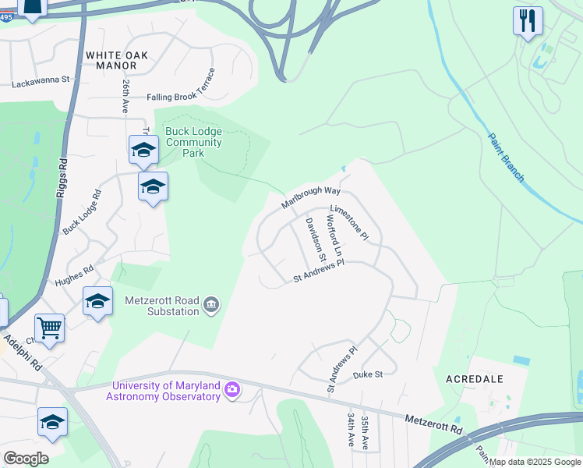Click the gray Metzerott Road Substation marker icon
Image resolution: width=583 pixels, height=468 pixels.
pyautogui.click(x=210, y=305)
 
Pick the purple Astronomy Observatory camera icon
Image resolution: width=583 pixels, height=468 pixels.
pyautogui.click(x=231, y=390)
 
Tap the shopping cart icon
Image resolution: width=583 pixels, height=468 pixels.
pyautogui.click(x=49, y=328)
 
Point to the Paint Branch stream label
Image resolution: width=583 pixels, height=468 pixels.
pyautogui.click(x=506, y=158)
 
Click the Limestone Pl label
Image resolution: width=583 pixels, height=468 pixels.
pyautogui.click(x=349, y=222)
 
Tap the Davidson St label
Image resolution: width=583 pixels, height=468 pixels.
pyautogui.click(x=315, y=239)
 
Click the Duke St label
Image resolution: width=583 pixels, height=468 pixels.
pyautogui.click(x=367, y=374)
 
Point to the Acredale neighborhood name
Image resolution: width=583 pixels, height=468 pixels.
pyautogui.click(x=474, y=378)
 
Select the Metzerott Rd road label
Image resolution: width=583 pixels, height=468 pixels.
pyautogui.click(x=433, y=424)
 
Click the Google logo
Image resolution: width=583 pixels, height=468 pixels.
pyautogui.click(x=26, y=458)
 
